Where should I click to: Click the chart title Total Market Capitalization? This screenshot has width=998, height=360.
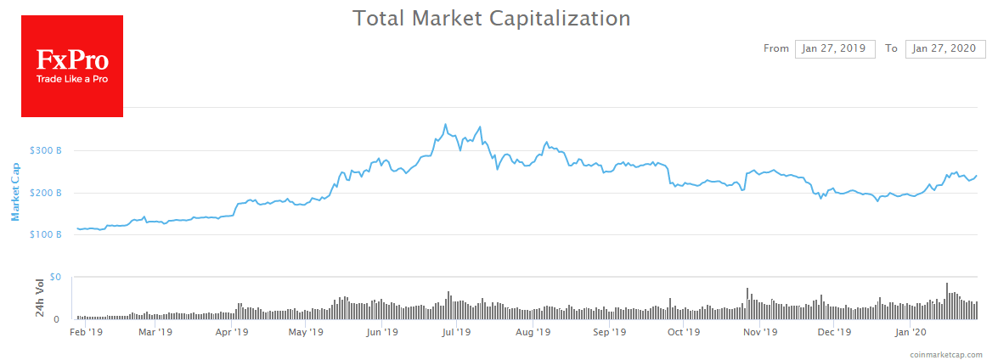(x=492, y=18)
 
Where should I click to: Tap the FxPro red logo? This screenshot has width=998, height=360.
(x=72, y=66)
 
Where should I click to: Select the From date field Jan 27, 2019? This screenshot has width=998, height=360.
(x=835, y=48)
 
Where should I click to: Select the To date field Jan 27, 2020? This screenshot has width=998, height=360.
(x=944, y=48)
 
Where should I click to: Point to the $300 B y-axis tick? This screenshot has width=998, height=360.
(x=46, y=150)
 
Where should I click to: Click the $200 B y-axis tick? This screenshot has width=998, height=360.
(x=46, y=193)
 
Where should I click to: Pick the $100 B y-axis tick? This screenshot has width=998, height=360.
(x=46, y=234)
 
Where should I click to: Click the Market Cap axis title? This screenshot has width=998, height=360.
(x=15, y=192)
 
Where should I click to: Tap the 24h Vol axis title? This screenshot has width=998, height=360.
(x=39, y=297)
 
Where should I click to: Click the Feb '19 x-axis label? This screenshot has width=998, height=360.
(x=86, y=332)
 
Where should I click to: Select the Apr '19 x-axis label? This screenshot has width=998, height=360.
(x=233, y=332)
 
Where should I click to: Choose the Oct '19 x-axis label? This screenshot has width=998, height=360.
(x=685, y=332)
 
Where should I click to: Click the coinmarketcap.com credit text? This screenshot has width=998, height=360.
(x=945, y=354)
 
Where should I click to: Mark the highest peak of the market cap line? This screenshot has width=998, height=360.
(x=445, y=125)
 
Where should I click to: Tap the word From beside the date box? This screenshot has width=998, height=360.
(x=776, y=48)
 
